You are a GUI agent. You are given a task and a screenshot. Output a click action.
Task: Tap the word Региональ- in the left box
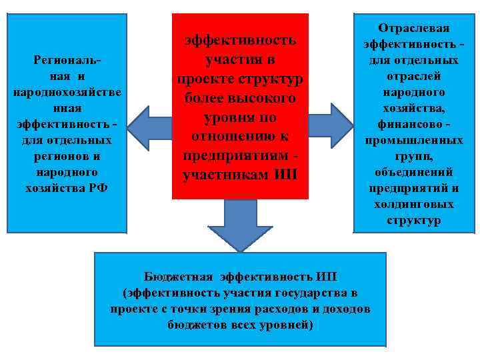67,60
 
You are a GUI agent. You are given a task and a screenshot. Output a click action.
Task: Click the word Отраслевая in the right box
414,28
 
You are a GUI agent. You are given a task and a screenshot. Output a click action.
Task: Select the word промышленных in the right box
414,140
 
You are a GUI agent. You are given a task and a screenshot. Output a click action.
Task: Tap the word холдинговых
414,204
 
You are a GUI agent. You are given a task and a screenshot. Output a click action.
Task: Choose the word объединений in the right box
414,172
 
